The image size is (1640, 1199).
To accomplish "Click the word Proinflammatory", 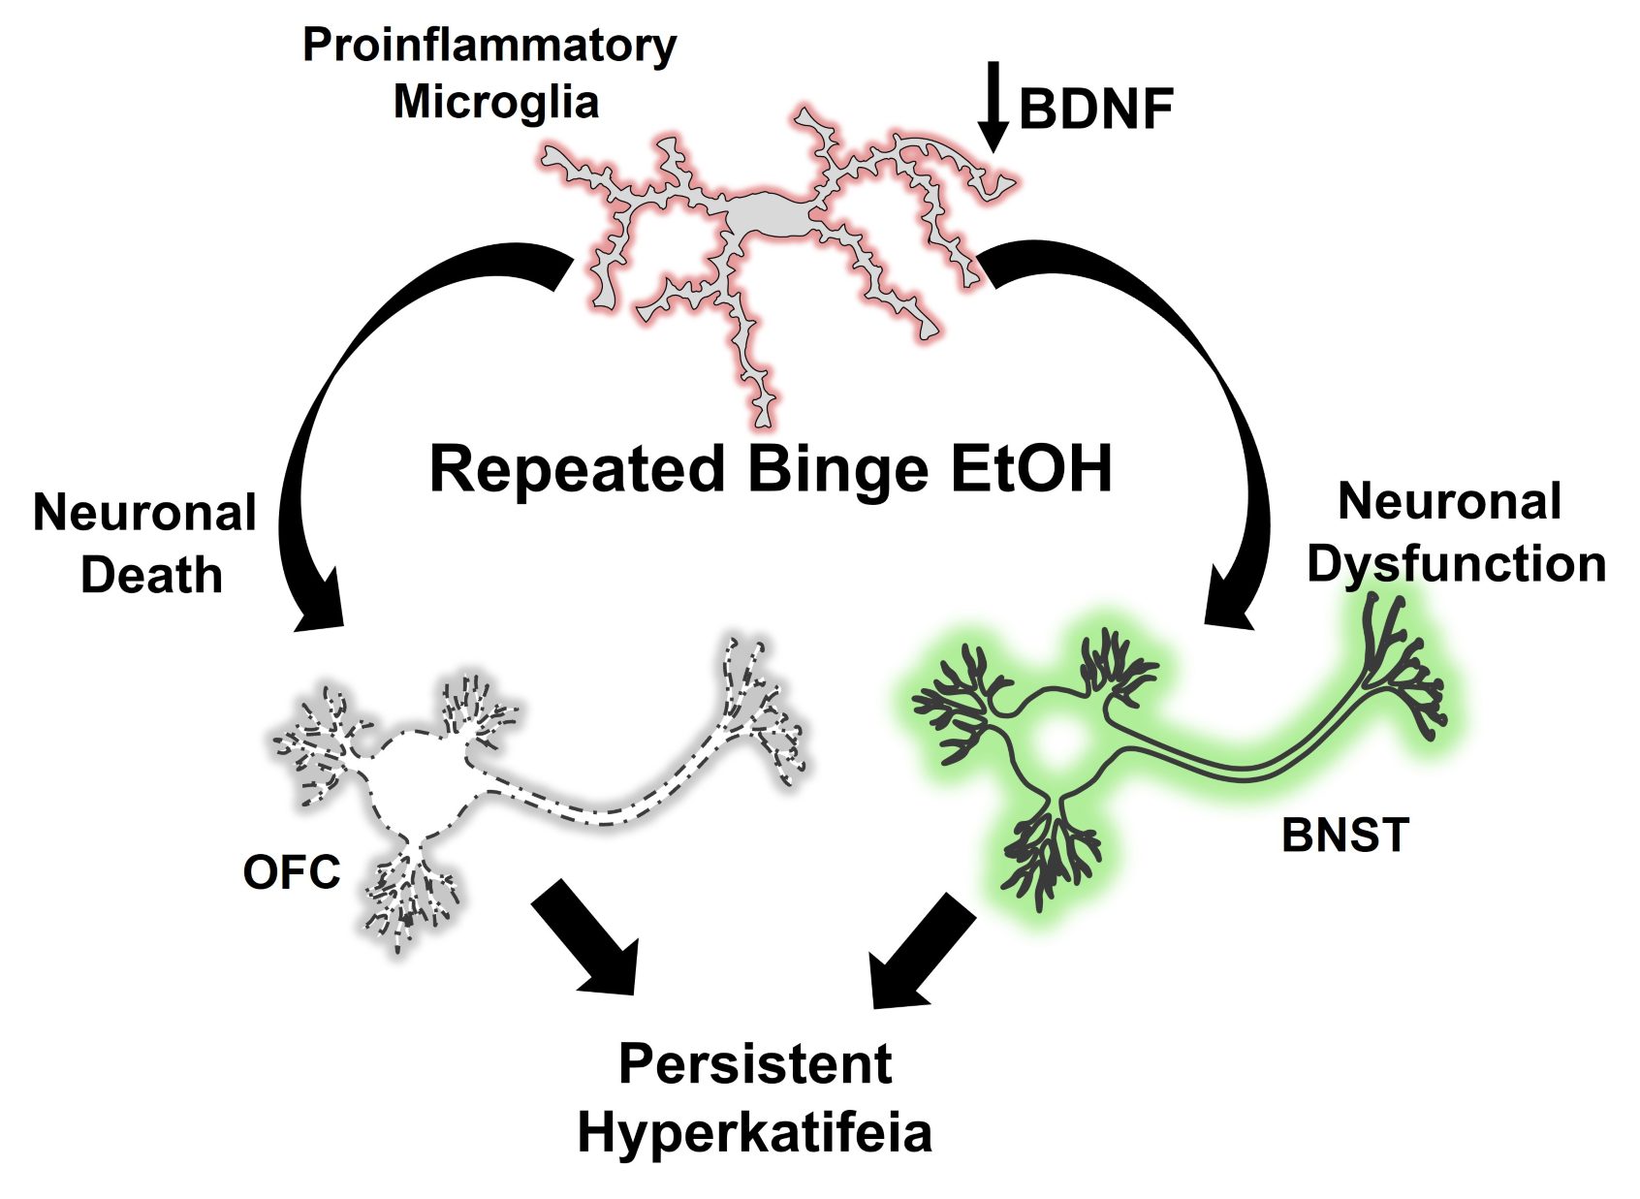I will [x=489, y=47].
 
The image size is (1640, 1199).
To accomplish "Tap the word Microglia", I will [x=495, y=102].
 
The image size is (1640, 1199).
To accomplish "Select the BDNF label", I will [x=1095, y=109].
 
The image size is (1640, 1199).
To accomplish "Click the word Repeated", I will [x=577, y=469].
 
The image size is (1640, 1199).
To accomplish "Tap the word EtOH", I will [x=1030, y=469].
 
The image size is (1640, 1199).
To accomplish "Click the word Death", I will [x=151, y=576].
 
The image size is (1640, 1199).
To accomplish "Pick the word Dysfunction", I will [x=1456, y=564].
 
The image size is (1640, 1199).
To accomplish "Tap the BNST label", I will [x=1344, y=836].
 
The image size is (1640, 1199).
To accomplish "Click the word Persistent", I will [x=754, y=1064].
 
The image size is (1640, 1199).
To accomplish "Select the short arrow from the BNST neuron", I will [x=916, y=955].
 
